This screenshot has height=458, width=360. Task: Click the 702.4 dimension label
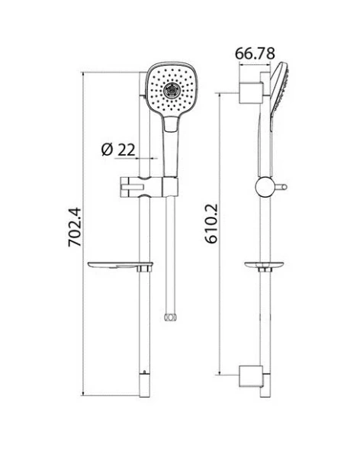(75, 227)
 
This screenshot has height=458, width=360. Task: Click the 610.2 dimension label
(211, 224)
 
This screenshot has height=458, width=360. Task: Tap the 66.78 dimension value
(255, 53)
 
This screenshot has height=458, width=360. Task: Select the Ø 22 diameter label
(118, 150)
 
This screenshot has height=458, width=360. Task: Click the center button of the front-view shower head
(171, 90)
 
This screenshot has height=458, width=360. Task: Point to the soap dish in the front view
(121, 266)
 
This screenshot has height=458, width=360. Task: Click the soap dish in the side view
(264, 266)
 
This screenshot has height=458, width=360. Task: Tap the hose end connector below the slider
(171, 318)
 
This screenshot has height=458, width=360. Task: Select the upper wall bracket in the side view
(251, 93)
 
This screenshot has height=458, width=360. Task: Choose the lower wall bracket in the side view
(251, 376)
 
